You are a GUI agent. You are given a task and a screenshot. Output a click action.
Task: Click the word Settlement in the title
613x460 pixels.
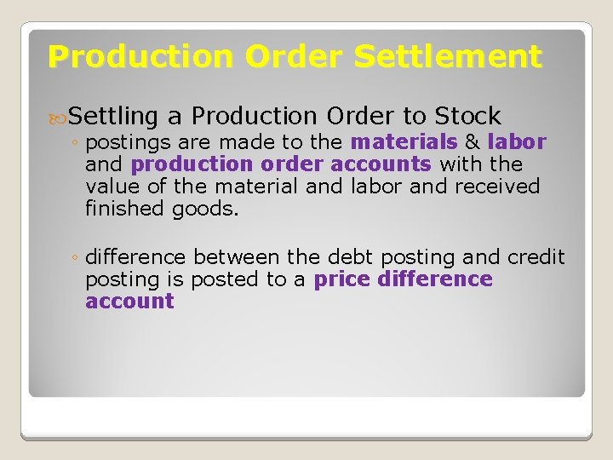(x=448, y=57)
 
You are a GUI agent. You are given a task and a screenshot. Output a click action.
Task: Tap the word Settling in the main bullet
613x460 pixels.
(x=114, y=116)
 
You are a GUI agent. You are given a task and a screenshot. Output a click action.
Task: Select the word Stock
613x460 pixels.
(x=467, y=116)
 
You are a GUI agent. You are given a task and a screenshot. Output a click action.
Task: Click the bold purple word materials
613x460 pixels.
(x=404, y=141)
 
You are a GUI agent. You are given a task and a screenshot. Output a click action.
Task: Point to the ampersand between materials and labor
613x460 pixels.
(x=473, y=141)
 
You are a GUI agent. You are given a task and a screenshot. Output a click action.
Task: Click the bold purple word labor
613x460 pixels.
(x=517, y=141)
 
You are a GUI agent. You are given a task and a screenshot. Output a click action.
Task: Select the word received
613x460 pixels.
(x=498, y=186)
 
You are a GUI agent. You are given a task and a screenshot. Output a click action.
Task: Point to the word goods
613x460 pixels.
(x=205, y=208)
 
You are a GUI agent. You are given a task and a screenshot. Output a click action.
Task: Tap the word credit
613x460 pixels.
(x=536, y=257)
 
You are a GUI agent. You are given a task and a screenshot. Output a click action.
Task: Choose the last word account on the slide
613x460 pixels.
(x=129, y=302)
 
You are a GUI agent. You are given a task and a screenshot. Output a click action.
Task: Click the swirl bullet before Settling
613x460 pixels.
(x=59, y=117)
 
